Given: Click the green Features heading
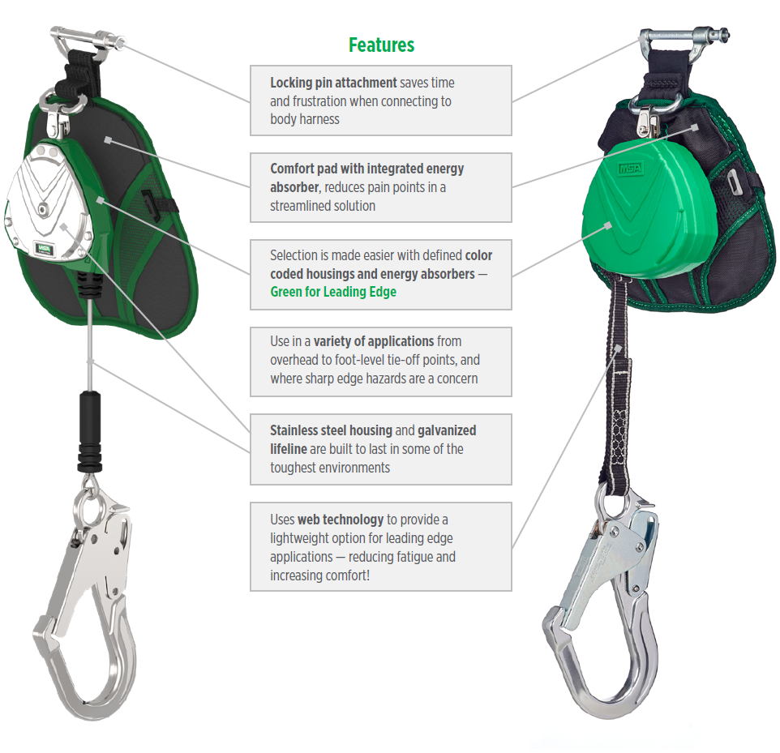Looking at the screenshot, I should click(x=381, y=45).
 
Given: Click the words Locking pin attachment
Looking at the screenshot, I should click(x=333, y=83).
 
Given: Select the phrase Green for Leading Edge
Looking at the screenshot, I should click(x=333, y=292).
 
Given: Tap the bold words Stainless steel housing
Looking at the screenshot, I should click(x=331, y=430).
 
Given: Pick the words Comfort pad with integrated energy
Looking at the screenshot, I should click(x=366, y=169).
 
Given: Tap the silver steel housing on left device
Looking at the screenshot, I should click(x=49, y=203).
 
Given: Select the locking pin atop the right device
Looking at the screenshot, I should click(x=681, y=36).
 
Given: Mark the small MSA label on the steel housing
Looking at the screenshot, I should click(x=41, y=247).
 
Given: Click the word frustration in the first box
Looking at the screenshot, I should click(x=318, y=101).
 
